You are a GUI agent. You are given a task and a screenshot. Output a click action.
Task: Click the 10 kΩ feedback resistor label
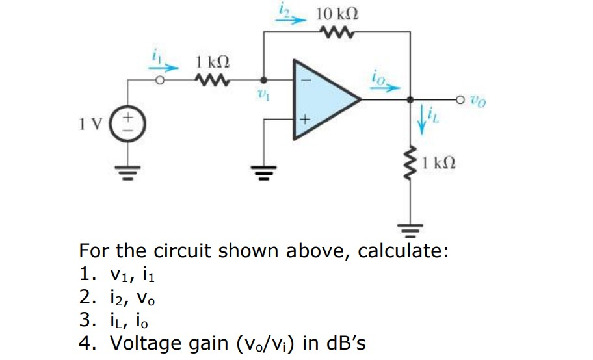[337, 13]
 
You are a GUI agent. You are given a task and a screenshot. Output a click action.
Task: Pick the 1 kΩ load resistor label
[438, 162]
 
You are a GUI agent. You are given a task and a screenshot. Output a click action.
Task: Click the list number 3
[85, 320]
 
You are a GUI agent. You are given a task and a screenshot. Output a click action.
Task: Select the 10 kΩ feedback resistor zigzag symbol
[337, 31]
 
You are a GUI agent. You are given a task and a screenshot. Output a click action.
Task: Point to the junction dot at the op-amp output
[410, 99]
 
